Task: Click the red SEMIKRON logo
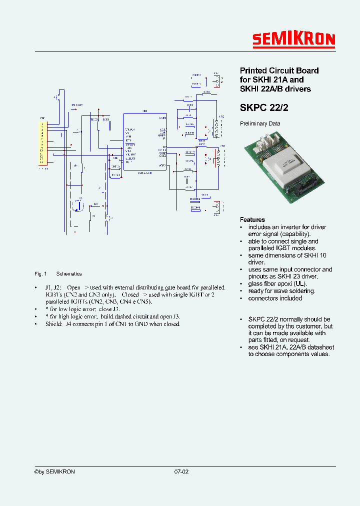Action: (x=293, y=40)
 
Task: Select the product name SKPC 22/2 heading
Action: (x=264, y=107)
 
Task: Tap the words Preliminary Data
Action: (x=260, y=123)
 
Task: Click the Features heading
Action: (x=252, y=219)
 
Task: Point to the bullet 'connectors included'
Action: (x=275, y=298)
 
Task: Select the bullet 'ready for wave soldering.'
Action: (x=281, y=291)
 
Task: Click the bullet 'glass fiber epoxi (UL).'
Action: (x=277, y=284)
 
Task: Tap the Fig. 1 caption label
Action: (x=40, y=274)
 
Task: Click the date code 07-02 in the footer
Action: (x=181, y=472)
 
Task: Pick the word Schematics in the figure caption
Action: (x=69, y=274)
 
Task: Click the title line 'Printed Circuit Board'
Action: (x=279, y=70)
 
